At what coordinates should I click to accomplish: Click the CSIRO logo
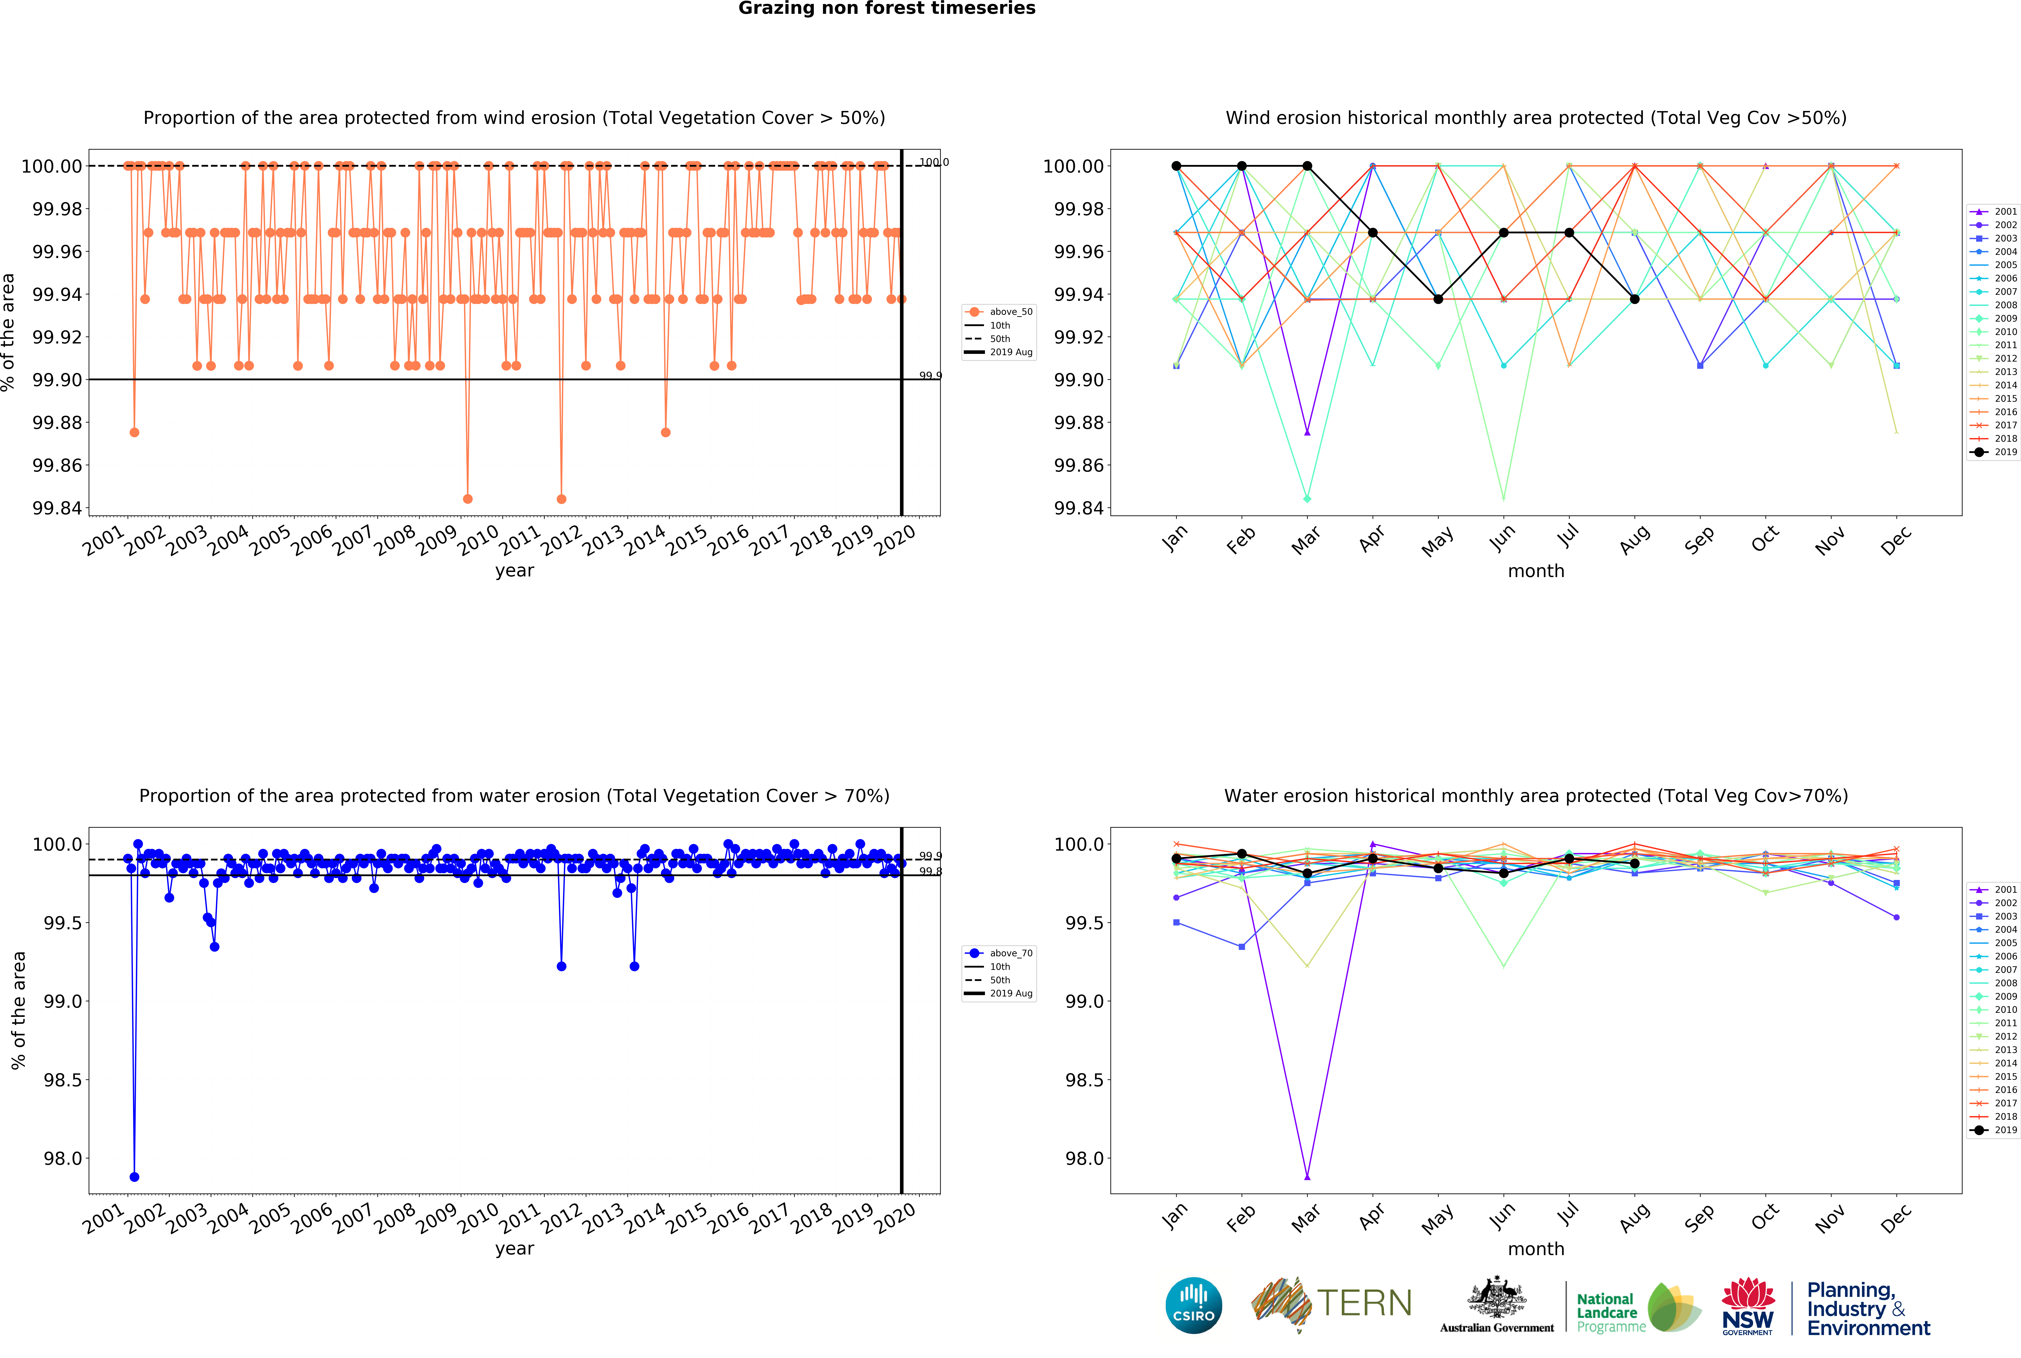pos(1194,1305)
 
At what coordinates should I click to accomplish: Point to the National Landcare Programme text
pos(1607,1312)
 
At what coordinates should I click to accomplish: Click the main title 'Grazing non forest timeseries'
pos(886,9)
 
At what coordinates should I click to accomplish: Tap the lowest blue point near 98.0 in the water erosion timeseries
pos(134,1177)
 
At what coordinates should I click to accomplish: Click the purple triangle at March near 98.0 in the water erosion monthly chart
pos(1307,1177)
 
